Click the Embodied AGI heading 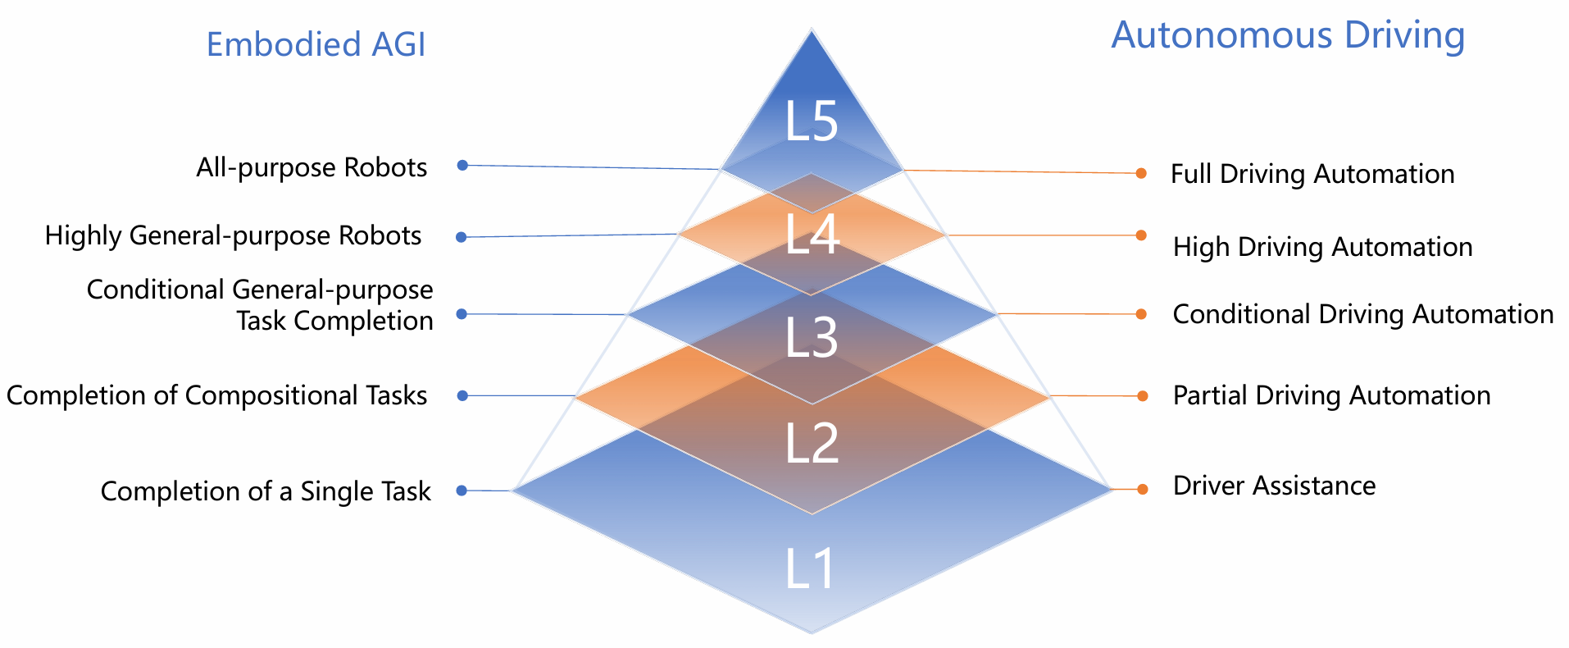[316, 44]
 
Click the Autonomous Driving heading [1288, 35]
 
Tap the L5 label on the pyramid [812, 121]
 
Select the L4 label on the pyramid [812, 234]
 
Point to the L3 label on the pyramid [812, 336]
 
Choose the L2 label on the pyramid [812, 443]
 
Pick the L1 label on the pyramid [810, 568]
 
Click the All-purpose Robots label [312, 167]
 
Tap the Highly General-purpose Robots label [233, 235]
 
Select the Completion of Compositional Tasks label [216, 395]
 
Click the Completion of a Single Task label [266, 491]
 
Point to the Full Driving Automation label [1312, 174]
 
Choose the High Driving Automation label [1322, 247]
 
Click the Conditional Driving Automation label [1362, 314]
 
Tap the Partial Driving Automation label [1331, 395]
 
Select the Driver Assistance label [1274, 486]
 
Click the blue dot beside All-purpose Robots [462, 165]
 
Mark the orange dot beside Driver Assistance [1142, 489]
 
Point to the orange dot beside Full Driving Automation [1141, 173]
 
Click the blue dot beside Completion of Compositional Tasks [462, 395]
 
